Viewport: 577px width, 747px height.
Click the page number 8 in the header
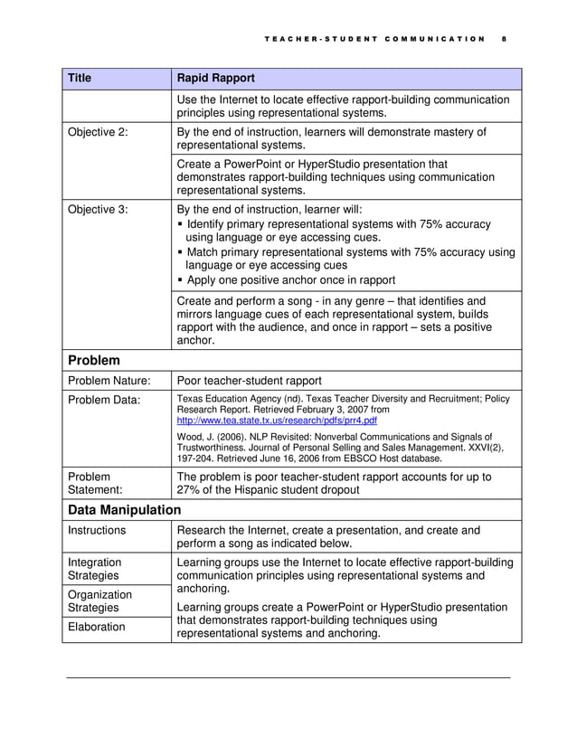click(x=504, y=39)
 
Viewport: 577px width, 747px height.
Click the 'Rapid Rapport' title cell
click(x=215, y=79)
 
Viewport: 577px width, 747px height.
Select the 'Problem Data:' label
click(x=102, y=402)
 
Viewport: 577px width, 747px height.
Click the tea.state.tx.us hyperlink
click(x=277, y=421)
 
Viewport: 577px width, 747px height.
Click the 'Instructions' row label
click(x=97, y=531)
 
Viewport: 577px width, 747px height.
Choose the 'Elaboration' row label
click(x=97, y=626)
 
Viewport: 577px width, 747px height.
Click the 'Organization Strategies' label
click(x=99, y=601)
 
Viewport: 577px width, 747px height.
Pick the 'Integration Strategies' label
click(x=95, y=569)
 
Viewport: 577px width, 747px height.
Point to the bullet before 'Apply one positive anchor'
click(x=181, y=280)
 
